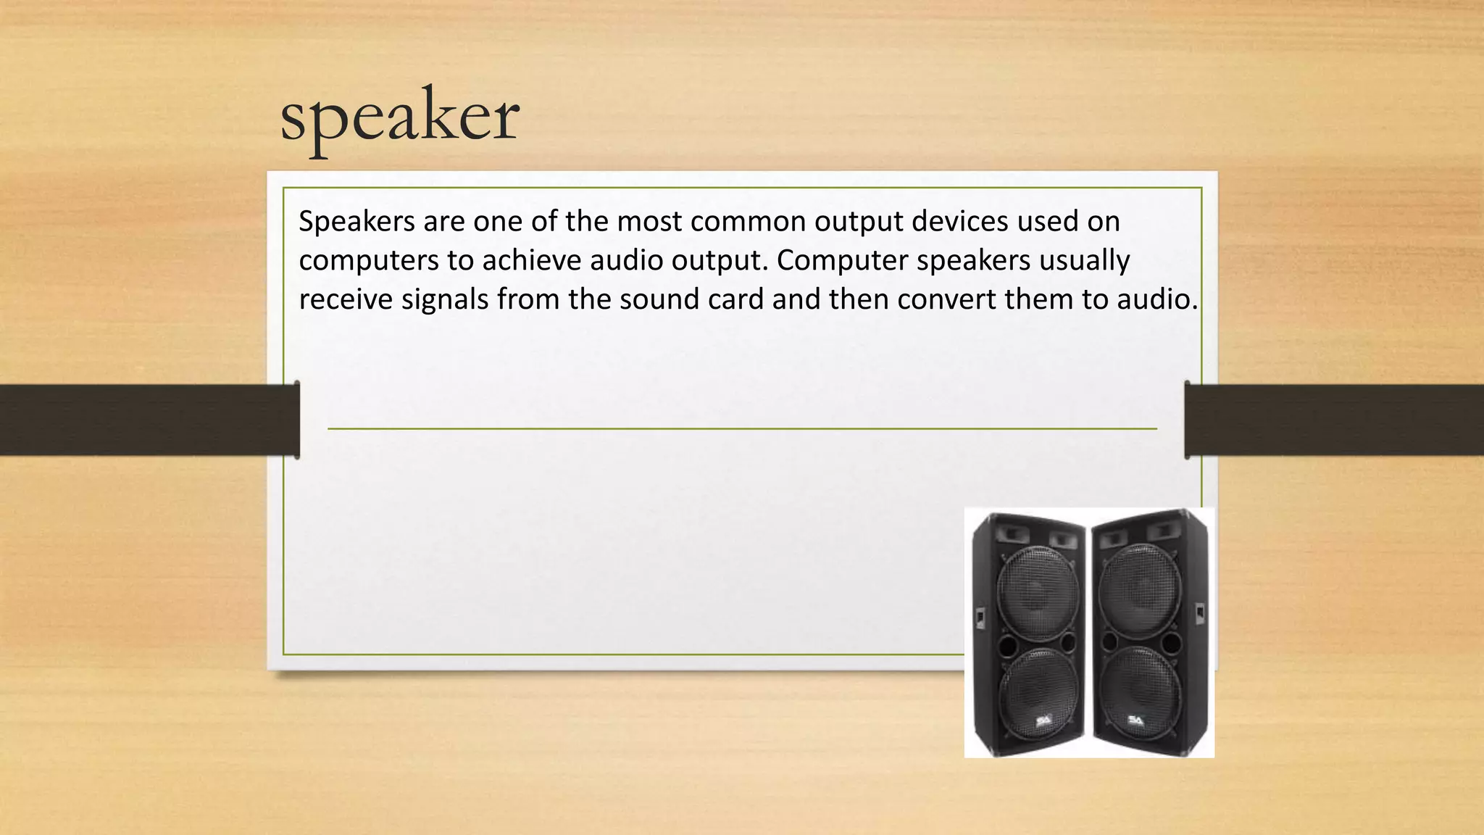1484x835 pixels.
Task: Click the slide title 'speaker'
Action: [x=399, y=116]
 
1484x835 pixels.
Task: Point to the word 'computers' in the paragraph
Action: [x=368, y=261]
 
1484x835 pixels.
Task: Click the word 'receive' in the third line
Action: [x=345, y=299]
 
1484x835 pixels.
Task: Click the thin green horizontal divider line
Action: [x=742, y=429]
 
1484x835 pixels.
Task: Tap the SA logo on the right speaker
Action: [x=1135, y=720]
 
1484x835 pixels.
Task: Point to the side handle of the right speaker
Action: [x=1199, y=613]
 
